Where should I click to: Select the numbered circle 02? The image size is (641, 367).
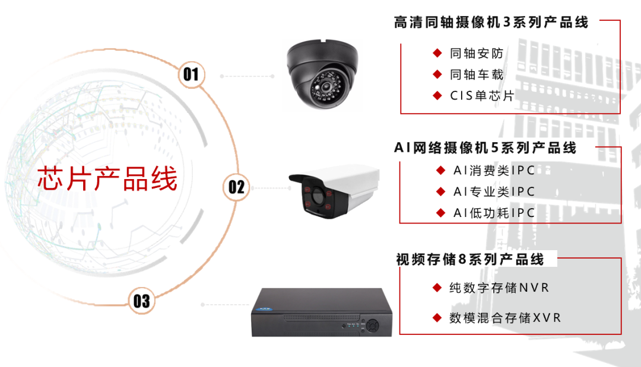tap(236, 187)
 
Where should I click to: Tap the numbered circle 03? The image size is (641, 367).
tap(141, 301)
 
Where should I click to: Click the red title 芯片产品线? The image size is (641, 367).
tap(107, 178)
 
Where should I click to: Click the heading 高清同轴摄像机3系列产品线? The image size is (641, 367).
tap(491, 23)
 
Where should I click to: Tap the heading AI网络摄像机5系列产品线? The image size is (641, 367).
tap(485, 148)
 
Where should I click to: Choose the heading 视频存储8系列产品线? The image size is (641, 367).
tap(469, 260)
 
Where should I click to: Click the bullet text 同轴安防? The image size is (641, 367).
tap(477, 53)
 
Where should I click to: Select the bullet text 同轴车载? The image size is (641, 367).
tap(477, 74)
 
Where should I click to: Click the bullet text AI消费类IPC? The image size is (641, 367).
tap(494, 171)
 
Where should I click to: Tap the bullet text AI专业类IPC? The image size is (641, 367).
tap(494, 192)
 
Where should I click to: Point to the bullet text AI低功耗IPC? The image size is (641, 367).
tap(494, 213)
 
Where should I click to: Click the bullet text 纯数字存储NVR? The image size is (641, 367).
tap(499, 288)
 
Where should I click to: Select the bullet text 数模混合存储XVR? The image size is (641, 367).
tap(505, 318)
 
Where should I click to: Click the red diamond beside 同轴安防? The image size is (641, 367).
tap(437, 53)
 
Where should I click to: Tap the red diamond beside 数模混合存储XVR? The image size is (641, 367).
tap(437, 318)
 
